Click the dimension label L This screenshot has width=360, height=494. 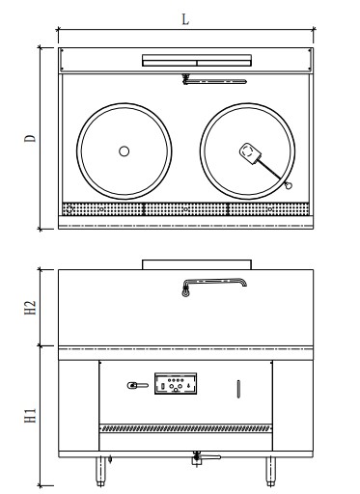click(185, 19)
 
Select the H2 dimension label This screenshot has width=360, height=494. click(30, 307)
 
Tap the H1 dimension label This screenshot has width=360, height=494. click(30, 416)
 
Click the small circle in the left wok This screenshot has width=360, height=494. click(124, 151)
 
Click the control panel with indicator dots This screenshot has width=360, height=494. click(176, 385)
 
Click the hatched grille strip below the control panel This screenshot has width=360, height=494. click(184, 426)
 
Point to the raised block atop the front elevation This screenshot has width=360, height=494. click(196, 263)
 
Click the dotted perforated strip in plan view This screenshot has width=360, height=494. click(184, 209)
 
